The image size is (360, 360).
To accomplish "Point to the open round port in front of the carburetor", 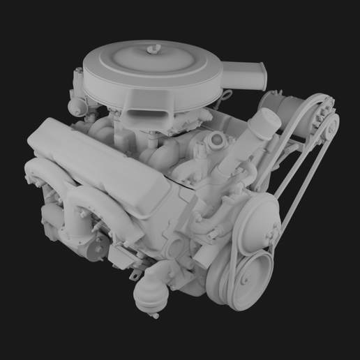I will (217, 141).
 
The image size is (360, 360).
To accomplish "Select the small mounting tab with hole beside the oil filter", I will (132, 277).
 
